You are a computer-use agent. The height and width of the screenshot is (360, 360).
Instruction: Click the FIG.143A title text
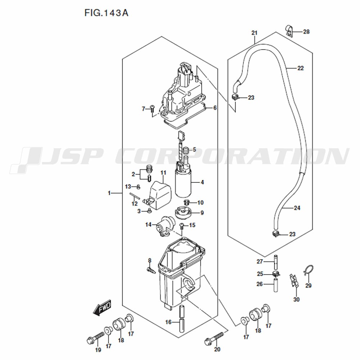click(106, 13)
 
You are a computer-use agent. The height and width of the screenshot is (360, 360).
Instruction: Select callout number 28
click(306, 32)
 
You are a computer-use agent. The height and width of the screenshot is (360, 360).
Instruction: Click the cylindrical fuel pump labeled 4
click(185, 183)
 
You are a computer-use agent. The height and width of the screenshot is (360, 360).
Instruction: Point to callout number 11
click(163, 173)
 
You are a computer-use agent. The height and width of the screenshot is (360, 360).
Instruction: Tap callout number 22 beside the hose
click(301, 68)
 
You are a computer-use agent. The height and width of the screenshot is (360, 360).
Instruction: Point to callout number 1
click(109, 193)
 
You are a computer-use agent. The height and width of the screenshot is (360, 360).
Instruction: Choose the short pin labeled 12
click(135, 197)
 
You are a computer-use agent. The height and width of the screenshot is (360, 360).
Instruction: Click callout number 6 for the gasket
click(215, 108)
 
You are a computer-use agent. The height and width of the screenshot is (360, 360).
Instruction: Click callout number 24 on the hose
click(297, 208)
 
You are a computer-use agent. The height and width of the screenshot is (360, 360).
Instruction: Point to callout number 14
click(149, 225)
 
